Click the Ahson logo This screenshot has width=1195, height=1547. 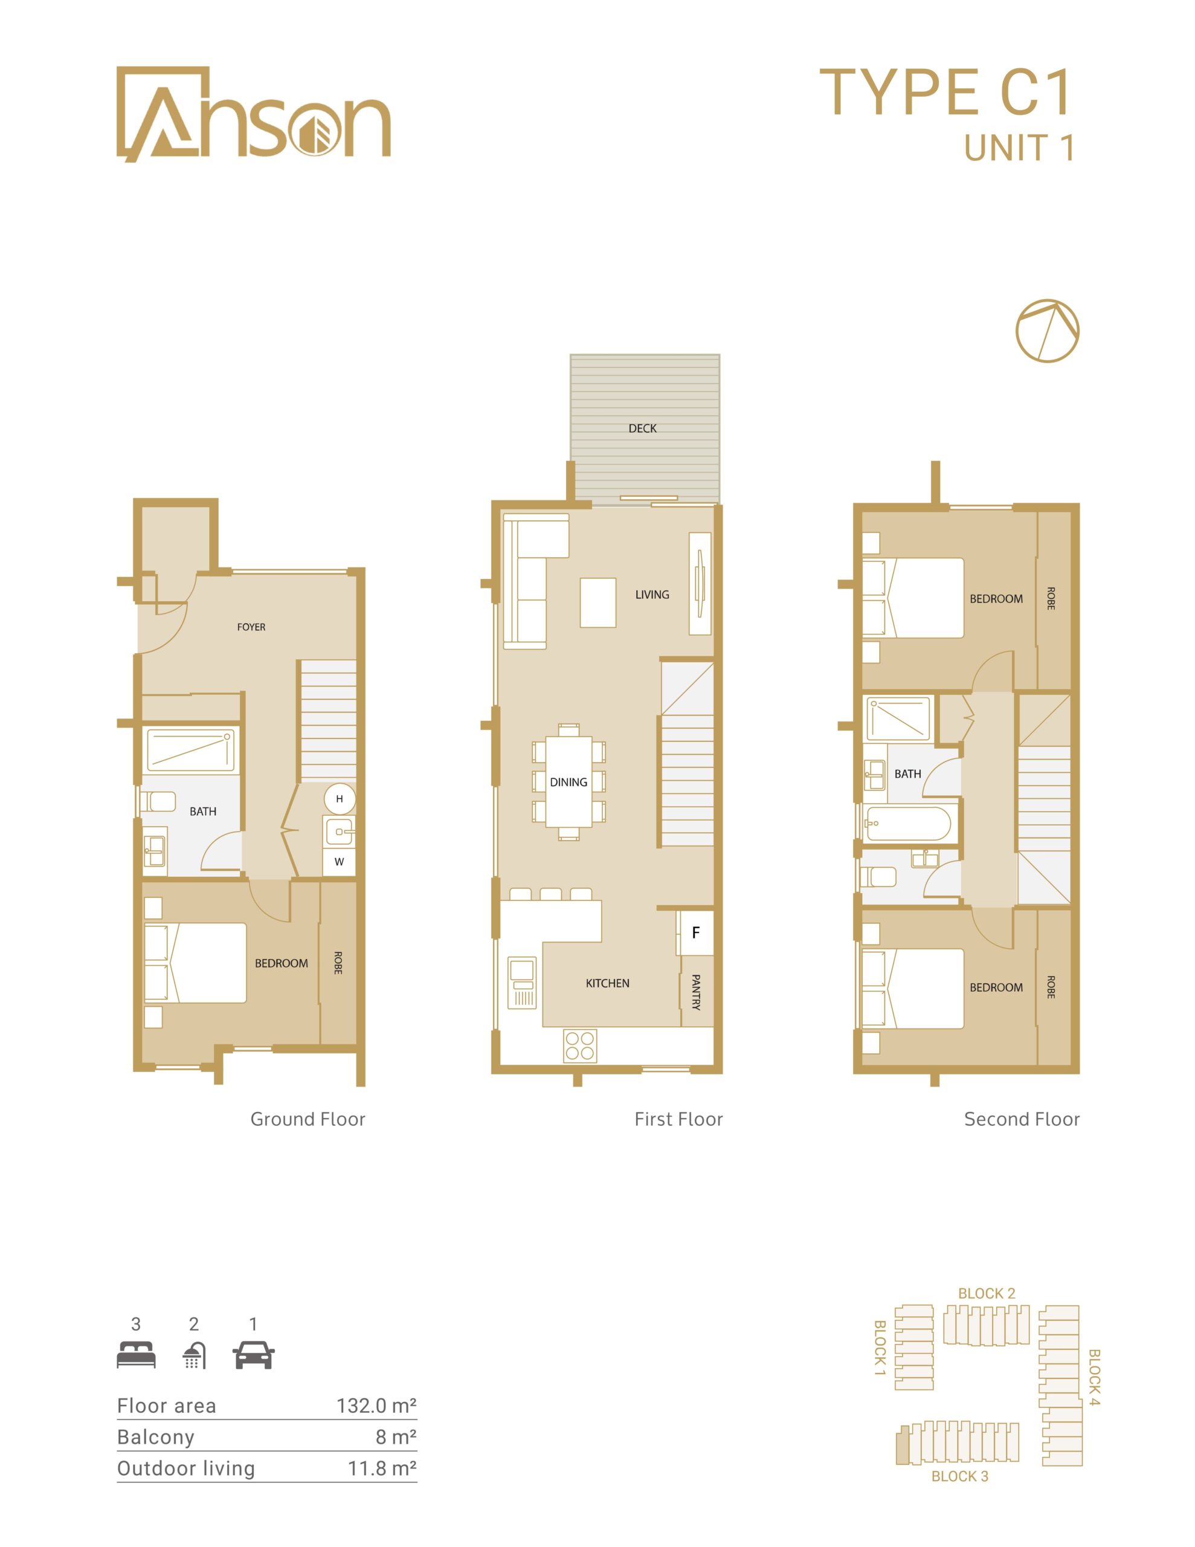pos(253,115)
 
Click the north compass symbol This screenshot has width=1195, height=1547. pos(1047,331)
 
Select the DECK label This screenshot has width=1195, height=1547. pos(642,428)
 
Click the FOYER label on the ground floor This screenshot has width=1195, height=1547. pos(251,627)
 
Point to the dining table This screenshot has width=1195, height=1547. pos(568,782)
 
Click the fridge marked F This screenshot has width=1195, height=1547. pos(695,933)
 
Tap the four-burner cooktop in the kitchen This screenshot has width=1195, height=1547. pos(580,1046)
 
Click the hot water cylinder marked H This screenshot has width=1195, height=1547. pos(340,799)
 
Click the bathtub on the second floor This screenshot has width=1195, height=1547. pos(908,824)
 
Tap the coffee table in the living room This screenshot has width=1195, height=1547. pos(598,603)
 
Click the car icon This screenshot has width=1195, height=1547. pos(254,1354)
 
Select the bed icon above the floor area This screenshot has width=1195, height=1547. pos(136,1354)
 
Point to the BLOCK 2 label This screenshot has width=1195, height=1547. pos(986,1293)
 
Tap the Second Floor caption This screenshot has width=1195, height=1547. pos(1022,1119)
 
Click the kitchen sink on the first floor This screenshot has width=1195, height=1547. pos(523,983)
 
